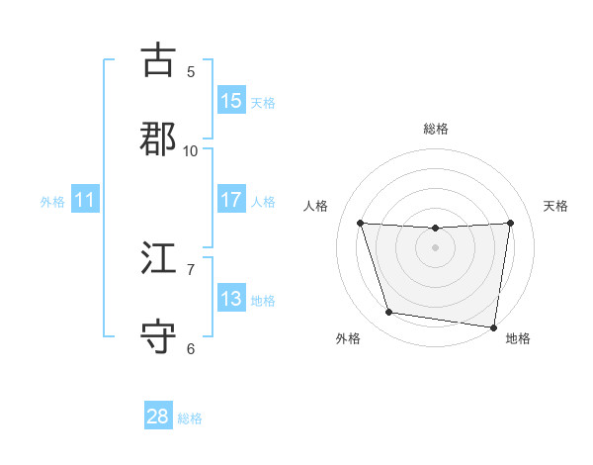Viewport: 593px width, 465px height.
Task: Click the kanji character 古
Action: click(159, 59)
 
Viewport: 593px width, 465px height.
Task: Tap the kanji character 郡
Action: click(159, 139)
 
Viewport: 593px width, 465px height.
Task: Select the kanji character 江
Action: click(159, 257)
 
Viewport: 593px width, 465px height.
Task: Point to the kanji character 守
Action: click(159, 336)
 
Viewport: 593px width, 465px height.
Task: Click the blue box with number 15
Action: click(231, 101)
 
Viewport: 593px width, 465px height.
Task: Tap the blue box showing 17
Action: click(231, 200)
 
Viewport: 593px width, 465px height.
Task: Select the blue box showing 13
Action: click(231, 299)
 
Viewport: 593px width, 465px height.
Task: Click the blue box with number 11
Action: click(85, 200)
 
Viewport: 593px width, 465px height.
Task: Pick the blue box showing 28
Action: click(158, 417)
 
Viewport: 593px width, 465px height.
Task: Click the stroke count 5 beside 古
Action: click(191, 71)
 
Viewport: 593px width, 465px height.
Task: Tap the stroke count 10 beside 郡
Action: click(191, 150)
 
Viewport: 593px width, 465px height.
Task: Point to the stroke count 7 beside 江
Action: click(191, 269)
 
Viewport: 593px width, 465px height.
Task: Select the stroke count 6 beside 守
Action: click(191, 348)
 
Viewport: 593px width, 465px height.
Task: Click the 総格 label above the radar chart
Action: click(436, 129)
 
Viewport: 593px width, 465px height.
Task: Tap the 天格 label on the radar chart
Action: click(555, 206)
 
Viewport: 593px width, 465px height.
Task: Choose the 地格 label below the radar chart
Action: click(518, 339)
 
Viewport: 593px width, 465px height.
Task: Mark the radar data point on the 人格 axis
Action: click(360, 223)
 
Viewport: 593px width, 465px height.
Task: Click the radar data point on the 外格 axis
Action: click(389, 313)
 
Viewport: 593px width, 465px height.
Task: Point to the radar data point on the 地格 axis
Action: click(493, 326)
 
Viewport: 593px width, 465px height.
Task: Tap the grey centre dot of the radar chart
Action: click(436, 247)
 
